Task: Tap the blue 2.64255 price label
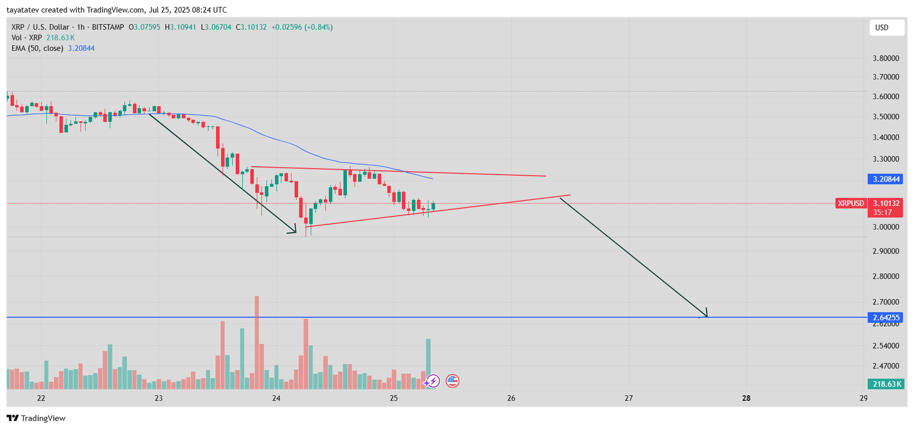coord(885,318)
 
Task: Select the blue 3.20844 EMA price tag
coord(885,179)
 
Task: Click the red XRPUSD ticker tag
coord(851,203)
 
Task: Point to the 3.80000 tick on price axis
coord(885,58)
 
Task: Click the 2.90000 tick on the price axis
coord(885,251)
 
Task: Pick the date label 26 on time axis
coord(511,398)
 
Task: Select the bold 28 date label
coord(746,398)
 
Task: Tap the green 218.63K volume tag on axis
coord(885,384)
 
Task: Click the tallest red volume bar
coord(257,343)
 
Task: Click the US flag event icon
coord(452,381)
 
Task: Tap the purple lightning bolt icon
coord(433,381)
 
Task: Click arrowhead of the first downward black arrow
coord(294,231)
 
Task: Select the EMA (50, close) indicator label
coord(37,49)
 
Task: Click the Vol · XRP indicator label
coord(27,38)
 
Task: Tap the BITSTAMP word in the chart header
coord(108,27)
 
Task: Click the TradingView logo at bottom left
coord(37,418)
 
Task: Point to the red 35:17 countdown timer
coord(882,213)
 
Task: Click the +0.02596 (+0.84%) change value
coord(302,27)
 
